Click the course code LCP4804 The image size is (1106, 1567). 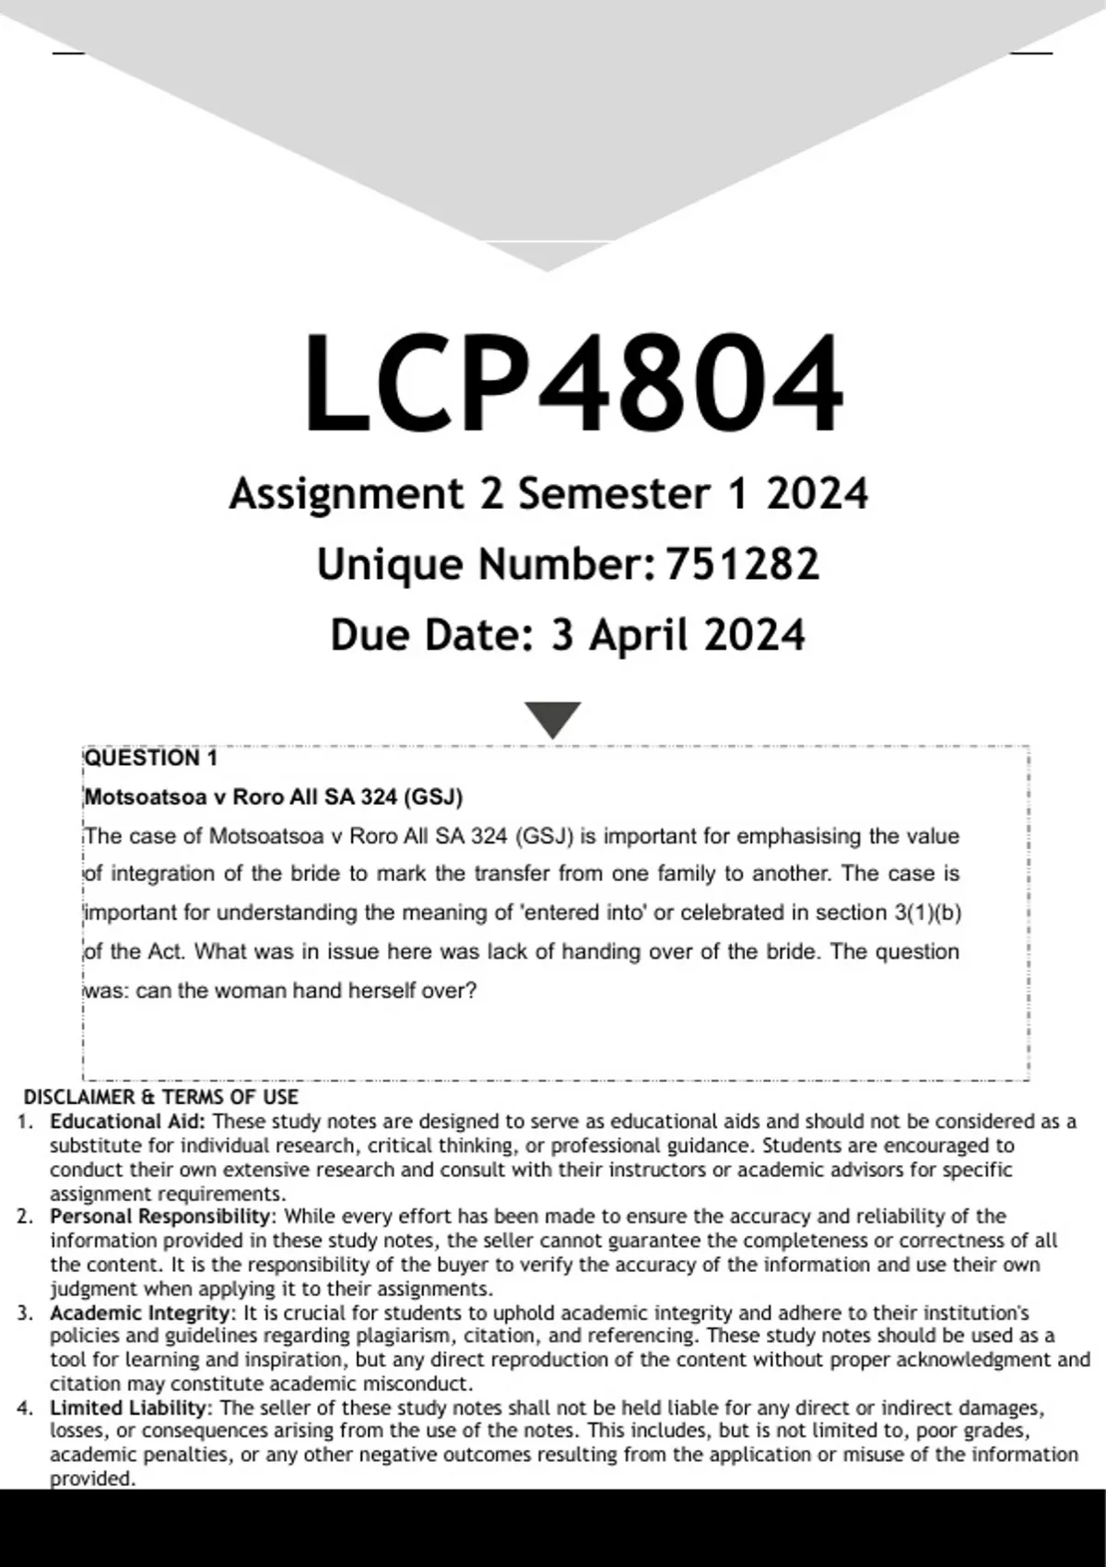click(572, 383)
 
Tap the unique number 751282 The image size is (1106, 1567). click(742, 564)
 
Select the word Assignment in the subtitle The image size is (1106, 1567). click(346, 494)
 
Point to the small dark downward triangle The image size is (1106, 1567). click(552, 718)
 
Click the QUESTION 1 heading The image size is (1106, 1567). click(151, 759)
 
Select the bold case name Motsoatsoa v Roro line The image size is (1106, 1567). click(274, 797)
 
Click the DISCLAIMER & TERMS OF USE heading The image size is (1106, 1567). click(160, 1097)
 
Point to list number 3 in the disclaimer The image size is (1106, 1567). click(25, 1313)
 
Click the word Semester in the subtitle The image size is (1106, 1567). click(614, 494)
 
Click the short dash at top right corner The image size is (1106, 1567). click(1030, 53)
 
